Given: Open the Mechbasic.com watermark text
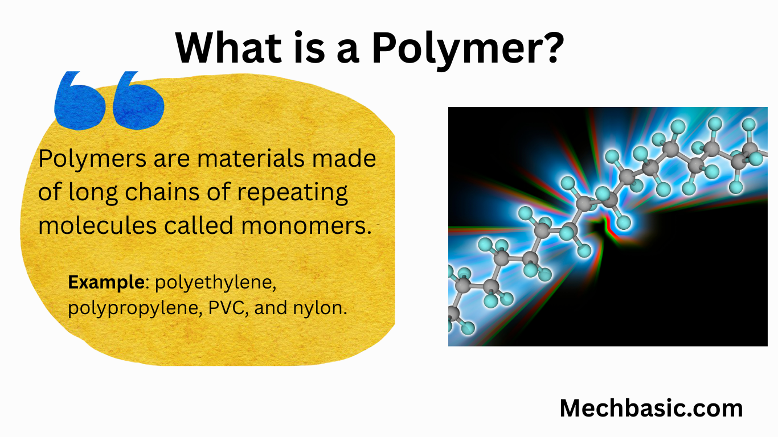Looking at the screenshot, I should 651,409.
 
